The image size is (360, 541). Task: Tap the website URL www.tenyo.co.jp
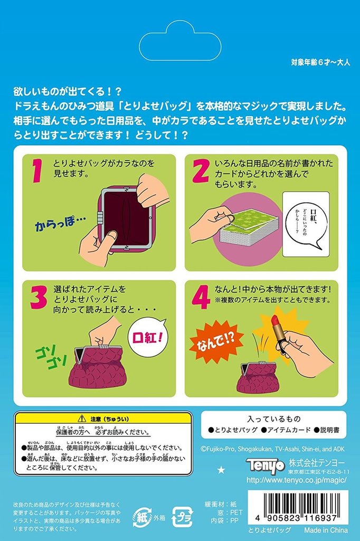click(x=296, y=480)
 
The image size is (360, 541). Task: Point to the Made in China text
click(x=326, y=529)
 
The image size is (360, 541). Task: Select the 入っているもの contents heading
click(x=273, y=418)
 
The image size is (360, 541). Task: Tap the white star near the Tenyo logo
click(x=221, y=469)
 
